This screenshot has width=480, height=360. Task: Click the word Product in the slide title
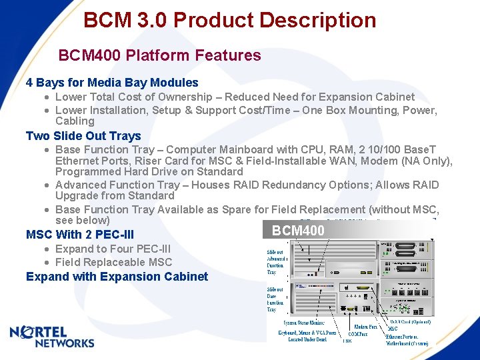213,20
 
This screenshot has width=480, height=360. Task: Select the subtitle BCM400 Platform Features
159,55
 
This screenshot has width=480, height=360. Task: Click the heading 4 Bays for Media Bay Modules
111,83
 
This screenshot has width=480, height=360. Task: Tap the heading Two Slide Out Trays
83,136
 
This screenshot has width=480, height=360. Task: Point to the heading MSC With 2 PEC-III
79,235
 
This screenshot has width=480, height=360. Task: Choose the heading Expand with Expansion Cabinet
117,277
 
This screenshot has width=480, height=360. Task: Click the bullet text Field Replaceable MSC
113,263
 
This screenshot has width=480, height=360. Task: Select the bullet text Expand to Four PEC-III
113,249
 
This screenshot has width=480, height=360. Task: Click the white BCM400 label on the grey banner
298,231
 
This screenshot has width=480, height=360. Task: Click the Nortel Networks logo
52,337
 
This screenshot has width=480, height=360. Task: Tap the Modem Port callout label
365,327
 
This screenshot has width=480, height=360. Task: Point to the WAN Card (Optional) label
410,321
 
